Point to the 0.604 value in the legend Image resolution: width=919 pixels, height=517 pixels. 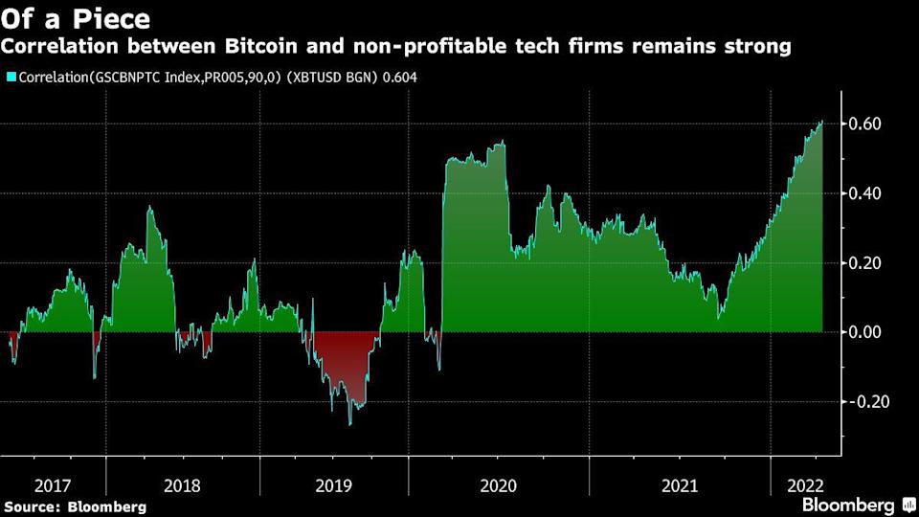[398, 78]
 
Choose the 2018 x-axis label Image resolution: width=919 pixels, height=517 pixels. [183, 485]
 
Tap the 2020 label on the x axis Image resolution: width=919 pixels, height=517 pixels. [498, 485]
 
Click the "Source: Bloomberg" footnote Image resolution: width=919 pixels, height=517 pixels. [76, 506]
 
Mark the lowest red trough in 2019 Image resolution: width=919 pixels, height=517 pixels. [349, 424]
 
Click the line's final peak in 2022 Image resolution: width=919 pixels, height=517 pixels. [821, 123]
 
